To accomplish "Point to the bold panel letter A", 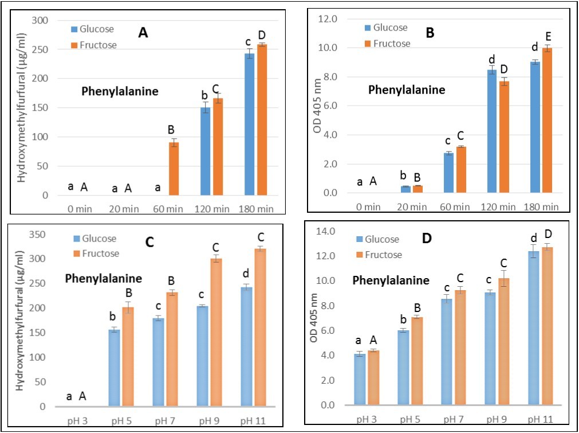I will click(x=143, y=33).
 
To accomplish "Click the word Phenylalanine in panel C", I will click(x=103, y=279).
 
